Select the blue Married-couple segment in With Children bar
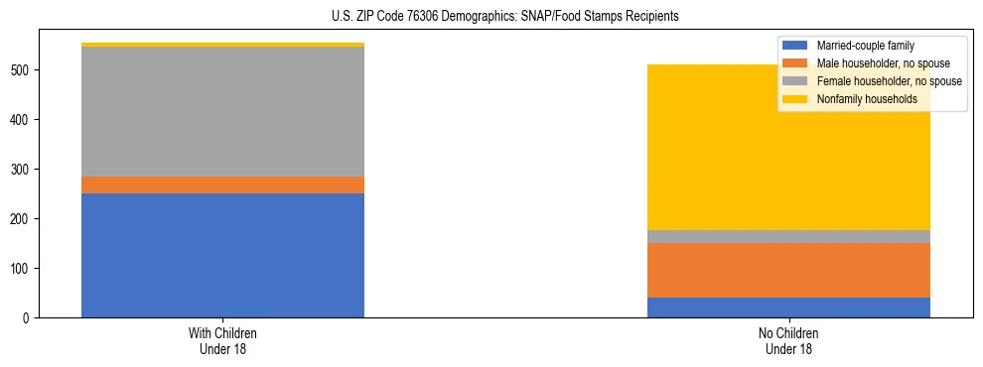(x=222, y=255)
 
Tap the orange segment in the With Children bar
(x=222, y=184)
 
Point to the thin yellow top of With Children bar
(x=222, y=45)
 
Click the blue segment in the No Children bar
(x=788, y=307)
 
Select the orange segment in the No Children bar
(x=788, y=270)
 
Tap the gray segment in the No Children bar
(x=788, y=236)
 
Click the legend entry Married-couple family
(x=864, y=46)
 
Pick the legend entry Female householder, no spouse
(x=889, y=81)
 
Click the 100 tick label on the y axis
(x=26, y=269)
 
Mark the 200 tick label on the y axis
(x=26, y=219)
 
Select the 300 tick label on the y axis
(x=26, y=170)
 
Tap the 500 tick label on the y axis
(x=26, y=70)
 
